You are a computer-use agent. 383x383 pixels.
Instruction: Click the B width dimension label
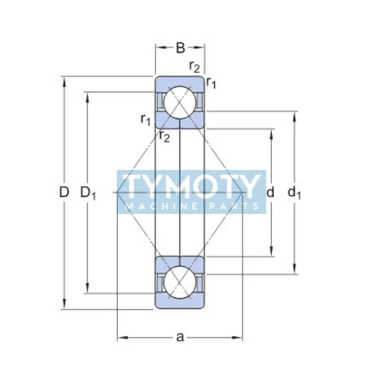(180, 47)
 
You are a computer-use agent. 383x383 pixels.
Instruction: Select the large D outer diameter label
(64, 192)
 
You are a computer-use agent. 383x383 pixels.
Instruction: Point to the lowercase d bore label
(270, 192)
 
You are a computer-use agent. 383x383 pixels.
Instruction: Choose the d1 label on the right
(294, 193)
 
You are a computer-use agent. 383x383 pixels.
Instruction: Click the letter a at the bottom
(180, 338)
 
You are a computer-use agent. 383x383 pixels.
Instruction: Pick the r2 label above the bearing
(194, 67)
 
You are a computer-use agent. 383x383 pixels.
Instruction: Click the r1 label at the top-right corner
(211, 83)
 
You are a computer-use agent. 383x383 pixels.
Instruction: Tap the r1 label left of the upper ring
(146, 119)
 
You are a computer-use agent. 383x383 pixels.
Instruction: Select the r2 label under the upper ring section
(164, 137)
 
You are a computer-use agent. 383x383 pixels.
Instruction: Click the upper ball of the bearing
(179, 102)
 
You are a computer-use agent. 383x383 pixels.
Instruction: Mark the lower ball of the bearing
(179, 282)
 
